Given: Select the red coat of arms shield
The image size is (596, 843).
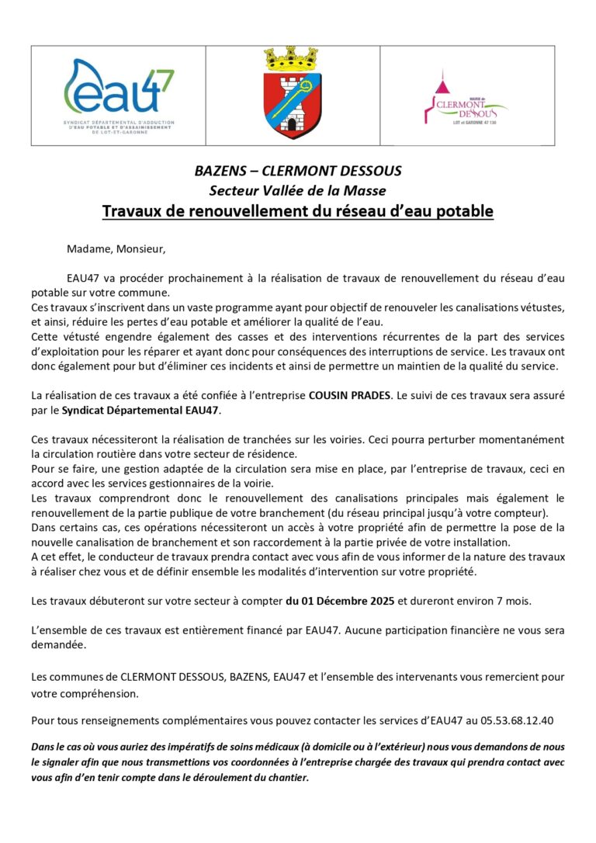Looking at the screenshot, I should click(x=293, y=105).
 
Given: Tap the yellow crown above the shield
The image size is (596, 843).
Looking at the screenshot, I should click(x=293, y=58).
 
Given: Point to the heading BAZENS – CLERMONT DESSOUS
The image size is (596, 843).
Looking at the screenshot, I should click(x=298, y=171).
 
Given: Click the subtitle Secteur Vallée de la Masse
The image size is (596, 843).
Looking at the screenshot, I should click(x=298, y=190).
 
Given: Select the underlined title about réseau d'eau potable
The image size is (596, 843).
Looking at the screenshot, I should click(x=298, y=211).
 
